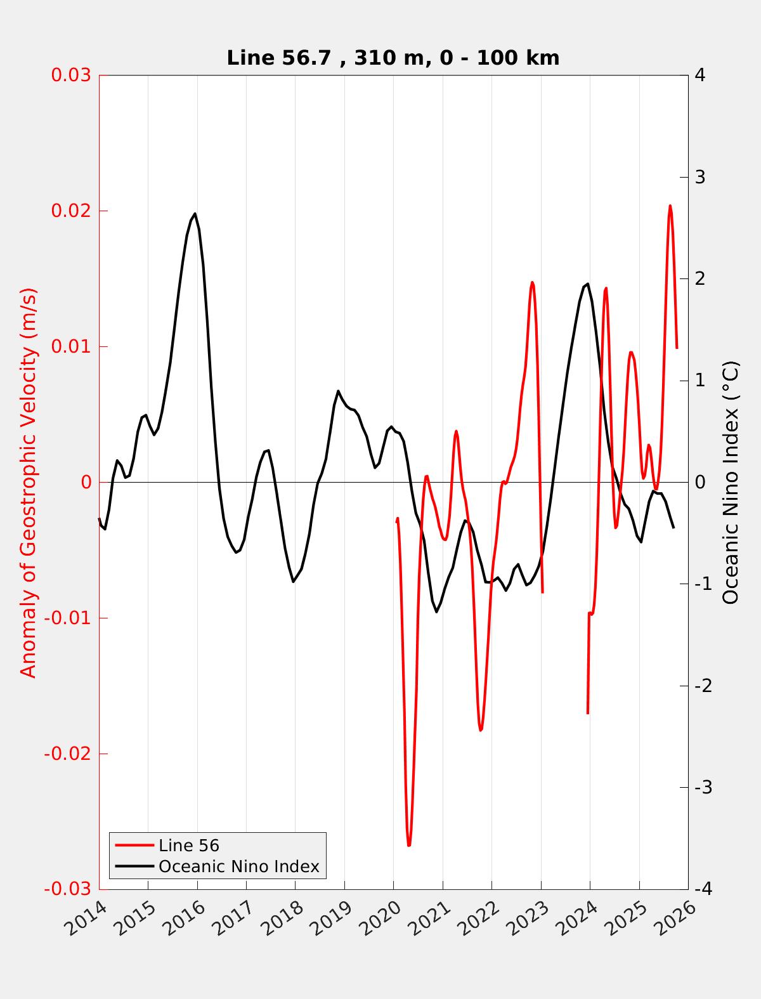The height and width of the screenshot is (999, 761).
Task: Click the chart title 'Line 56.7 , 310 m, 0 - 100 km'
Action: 393,58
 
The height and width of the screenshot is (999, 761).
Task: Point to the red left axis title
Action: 29,482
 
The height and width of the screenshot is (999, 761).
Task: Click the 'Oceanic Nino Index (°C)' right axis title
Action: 731,482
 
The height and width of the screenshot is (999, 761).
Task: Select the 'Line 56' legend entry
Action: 188,846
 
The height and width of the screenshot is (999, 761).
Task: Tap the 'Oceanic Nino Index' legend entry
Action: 238,866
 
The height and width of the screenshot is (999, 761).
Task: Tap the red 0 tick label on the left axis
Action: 86,483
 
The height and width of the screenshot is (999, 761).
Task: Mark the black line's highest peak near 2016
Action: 195,214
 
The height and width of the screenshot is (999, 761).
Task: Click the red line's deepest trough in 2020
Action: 409,845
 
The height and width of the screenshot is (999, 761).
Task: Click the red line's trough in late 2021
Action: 481,730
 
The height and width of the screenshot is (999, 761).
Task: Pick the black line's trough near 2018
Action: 294,582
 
